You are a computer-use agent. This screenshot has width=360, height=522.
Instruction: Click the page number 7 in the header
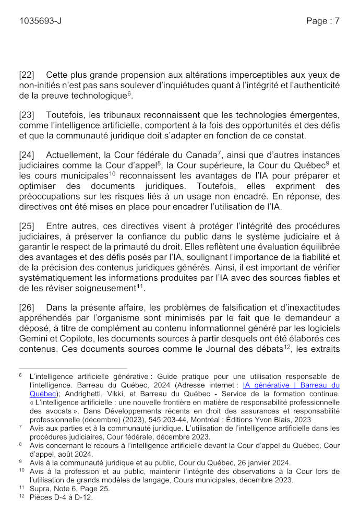tap(337, 21)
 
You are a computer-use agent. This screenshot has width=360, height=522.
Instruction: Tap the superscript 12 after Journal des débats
tap(286, 346)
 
